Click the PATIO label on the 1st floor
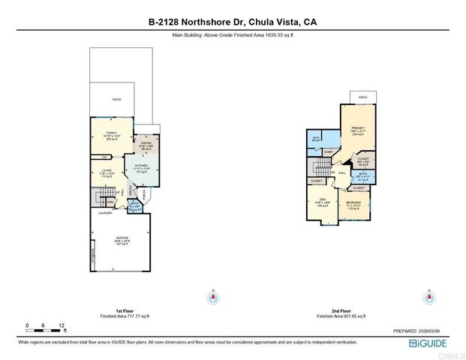tap(116, 99)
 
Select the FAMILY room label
tap(113, 132)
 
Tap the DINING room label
tap(146, 144)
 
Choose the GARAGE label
tap(121, 239)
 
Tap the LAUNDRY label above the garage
tap(105, 213)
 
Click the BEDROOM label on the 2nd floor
tap(353, 202)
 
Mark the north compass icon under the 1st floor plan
tap(213, 297)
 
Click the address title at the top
tap(233, 22)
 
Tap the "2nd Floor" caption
tap(341, 310)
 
